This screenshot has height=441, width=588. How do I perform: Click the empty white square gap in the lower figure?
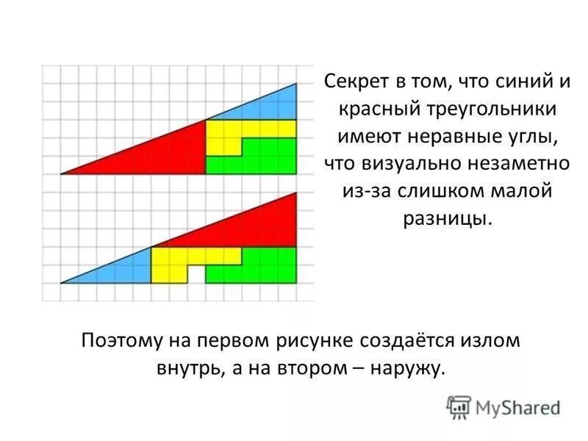[x=196, y=274]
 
